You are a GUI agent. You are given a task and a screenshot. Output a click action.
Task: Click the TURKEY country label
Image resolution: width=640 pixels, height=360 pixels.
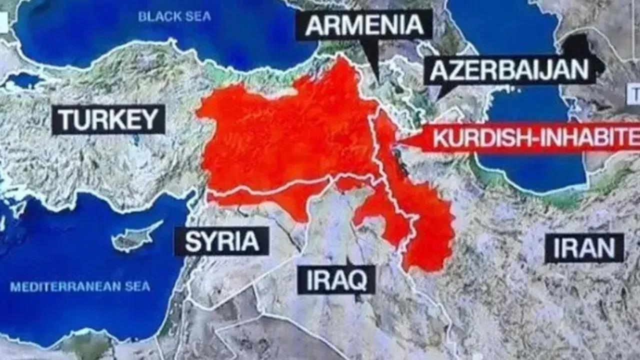108,119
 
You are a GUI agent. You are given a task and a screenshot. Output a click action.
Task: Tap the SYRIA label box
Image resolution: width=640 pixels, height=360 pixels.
222,241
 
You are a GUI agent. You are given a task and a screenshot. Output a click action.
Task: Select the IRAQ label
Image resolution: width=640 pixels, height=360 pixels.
336,279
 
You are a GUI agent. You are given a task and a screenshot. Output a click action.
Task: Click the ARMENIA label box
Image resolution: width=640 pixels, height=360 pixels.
363,25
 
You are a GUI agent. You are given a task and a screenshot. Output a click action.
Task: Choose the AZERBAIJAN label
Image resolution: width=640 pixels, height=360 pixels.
509,70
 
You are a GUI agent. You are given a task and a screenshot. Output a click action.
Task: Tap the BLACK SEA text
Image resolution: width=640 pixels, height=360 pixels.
174,16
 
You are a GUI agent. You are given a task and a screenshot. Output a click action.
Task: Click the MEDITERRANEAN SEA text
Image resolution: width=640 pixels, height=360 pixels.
80,287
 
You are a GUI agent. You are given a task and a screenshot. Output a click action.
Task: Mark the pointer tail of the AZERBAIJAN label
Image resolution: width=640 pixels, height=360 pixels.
442,90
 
